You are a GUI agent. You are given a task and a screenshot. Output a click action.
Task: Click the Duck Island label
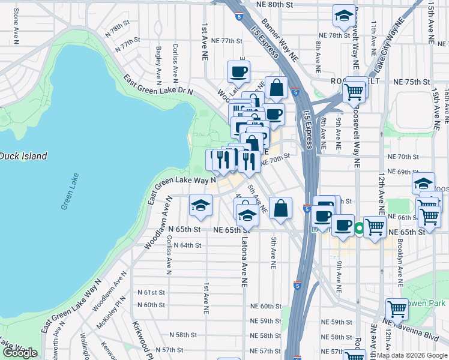[23, 156]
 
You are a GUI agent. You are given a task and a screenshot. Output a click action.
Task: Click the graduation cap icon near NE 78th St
[344, 17]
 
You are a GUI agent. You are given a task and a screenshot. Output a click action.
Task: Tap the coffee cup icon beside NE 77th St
[238, 73]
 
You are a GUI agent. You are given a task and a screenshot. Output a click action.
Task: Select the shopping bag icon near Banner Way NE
[276, 88]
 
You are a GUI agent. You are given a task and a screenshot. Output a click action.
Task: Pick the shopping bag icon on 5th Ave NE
[280, 209]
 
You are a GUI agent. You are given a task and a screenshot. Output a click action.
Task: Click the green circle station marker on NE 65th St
[359, 228]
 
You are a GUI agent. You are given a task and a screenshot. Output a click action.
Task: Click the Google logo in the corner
[19, 353]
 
